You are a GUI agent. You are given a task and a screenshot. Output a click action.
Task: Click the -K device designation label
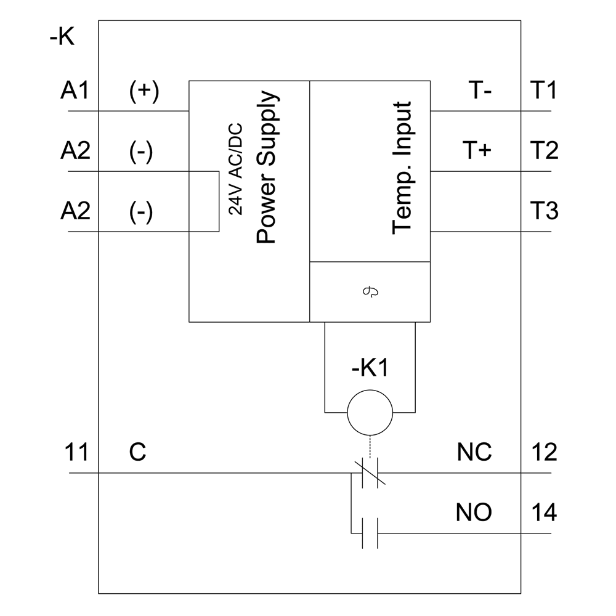[62, 38]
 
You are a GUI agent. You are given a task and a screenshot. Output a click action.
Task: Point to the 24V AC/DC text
[236, 168]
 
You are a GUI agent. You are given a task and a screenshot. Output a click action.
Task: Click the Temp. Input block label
[402, 168]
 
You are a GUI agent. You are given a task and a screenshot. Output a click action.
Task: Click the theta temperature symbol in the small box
[370, 292]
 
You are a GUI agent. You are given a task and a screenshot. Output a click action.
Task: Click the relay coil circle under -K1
[370, 413]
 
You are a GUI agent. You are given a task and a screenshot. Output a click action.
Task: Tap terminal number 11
[78, 453]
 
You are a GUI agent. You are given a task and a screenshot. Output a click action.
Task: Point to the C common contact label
[138, 453]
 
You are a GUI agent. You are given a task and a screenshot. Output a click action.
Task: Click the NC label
[474, 453]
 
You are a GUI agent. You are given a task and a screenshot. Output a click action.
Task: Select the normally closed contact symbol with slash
[370, 473]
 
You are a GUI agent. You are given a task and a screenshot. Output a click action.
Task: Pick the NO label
[474, 513]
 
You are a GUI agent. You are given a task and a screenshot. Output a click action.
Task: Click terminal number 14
[543, 513]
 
